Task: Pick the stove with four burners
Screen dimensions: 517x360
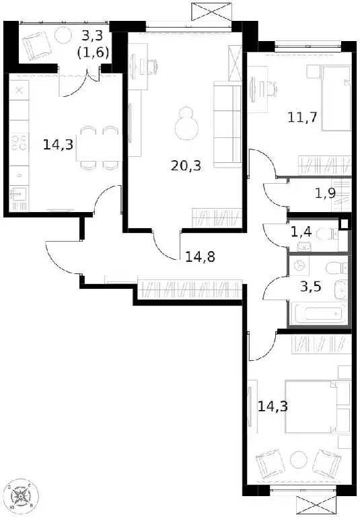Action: coord(20,143)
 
